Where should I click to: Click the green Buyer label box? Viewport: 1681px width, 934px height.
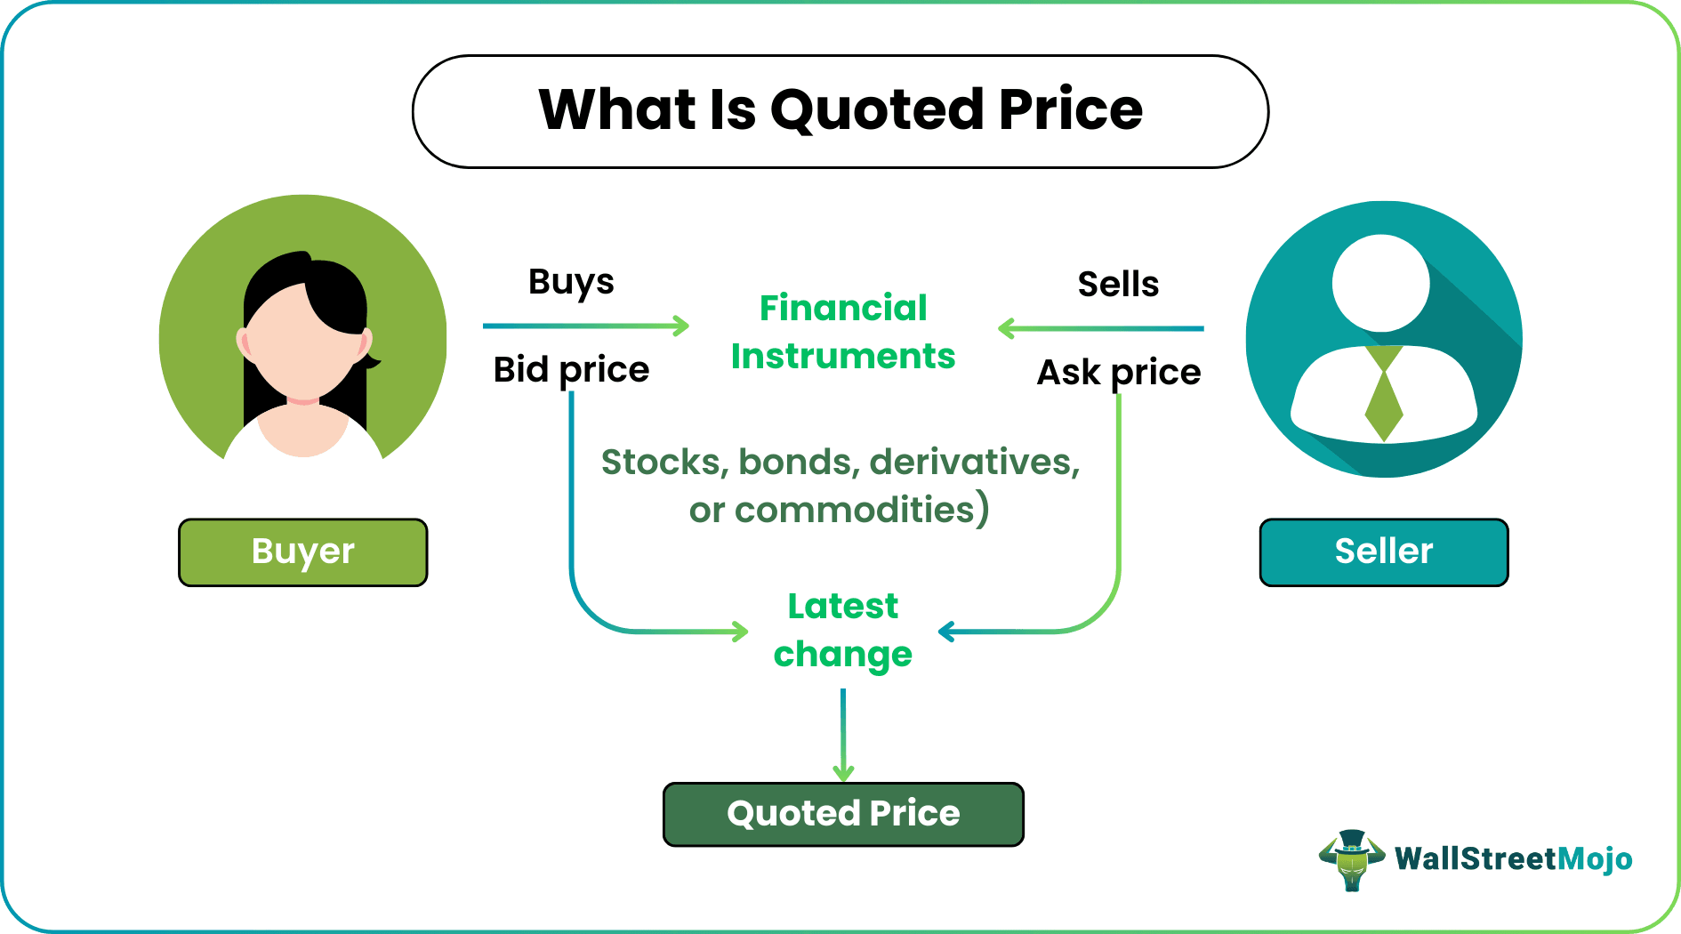pos(302,552)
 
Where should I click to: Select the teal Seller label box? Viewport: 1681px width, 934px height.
pos(1383,552)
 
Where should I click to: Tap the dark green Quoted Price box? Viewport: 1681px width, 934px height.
pos(843,814)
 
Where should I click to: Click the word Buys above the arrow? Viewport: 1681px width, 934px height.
pos(571,282)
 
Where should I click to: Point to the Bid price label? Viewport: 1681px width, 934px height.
pos(571,370)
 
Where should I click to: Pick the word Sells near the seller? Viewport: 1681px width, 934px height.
pos(1118,285)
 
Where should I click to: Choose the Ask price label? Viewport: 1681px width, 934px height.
pos(1118,373)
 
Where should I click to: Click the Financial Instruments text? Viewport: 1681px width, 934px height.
pos(842,332)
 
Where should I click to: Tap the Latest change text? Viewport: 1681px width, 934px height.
pos(842,630)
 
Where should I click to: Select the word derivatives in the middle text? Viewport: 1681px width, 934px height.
pos(973,463)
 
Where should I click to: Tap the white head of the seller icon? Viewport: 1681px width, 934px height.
pos(1380,283)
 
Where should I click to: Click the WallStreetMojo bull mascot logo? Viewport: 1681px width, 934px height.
pos(1351,859)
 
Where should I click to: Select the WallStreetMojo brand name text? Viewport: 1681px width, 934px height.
pos(1513,859)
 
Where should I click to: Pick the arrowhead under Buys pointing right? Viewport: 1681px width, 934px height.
pos(680,326)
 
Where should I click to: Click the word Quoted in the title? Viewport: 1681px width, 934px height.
pos(877,110)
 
